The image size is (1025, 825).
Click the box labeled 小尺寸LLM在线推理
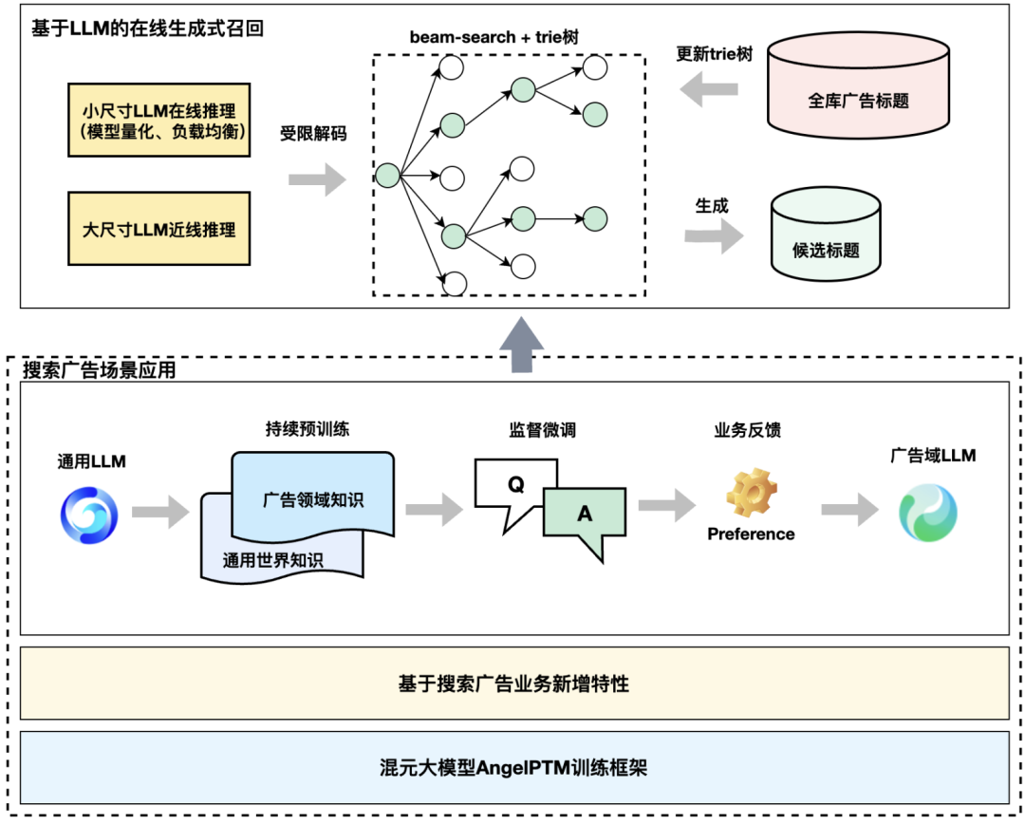click(x=158, y=120)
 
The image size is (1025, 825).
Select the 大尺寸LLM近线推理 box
click(x=158, y=229)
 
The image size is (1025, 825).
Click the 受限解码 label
click(x=313, y=134)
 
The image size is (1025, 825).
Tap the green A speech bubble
click(x=584, y=517)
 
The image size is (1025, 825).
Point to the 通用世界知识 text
click(x=272, y=560)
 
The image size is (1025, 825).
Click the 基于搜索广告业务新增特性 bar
click(x=513, y=684)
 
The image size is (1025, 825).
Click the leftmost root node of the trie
click(x=387, y=176)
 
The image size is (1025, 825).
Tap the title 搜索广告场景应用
click(x=100, y=370)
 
